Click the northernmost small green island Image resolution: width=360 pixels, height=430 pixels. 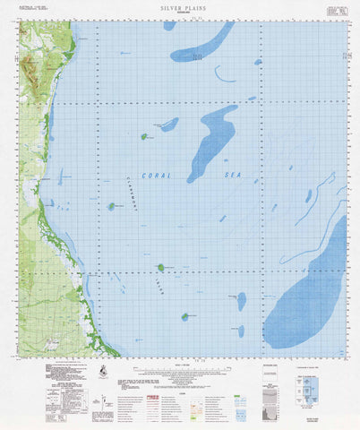[x=143, y=136]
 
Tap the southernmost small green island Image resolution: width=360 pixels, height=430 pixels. [x=185, y=315]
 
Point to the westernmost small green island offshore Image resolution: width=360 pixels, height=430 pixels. [x=112, y=206]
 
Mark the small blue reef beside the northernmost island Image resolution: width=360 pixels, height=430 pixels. [x=167, y=125]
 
